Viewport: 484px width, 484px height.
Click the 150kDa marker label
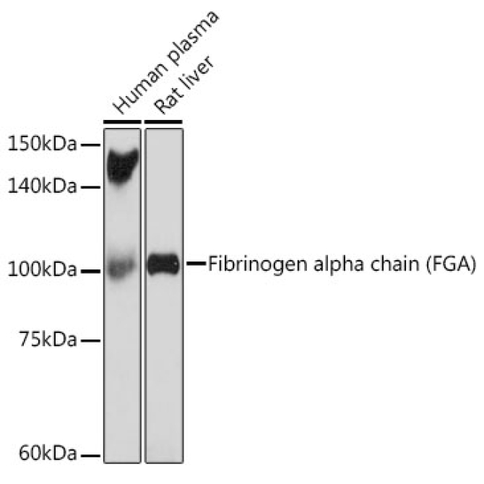[41, 145]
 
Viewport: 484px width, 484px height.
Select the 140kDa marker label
[41, 187]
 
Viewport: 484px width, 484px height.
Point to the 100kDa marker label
[41, 271]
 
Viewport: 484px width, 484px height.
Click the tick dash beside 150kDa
[91, 145]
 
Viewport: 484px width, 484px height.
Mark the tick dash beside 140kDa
[91, 187]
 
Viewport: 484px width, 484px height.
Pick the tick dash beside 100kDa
[91, 271]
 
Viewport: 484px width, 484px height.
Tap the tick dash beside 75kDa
[91, 340]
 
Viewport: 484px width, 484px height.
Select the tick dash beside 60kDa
[91, 455]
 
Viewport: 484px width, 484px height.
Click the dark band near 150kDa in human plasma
[122, 165]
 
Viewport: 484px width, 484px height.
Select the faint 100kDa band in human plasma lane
[121, 267]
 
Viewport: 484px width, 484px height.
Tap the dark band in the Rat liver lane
[163, 264]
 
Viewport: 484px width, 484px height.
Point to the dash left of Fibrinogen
[196, 264]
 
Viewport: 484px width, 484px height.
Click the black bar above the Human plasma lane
[122, 122]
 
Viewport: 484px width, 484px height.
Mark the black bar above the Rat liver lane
[163, 122]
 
